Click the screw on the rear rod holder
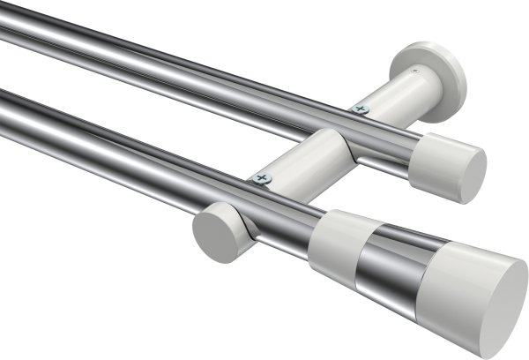[359, 109]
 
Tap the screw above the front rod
[262, 178]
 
